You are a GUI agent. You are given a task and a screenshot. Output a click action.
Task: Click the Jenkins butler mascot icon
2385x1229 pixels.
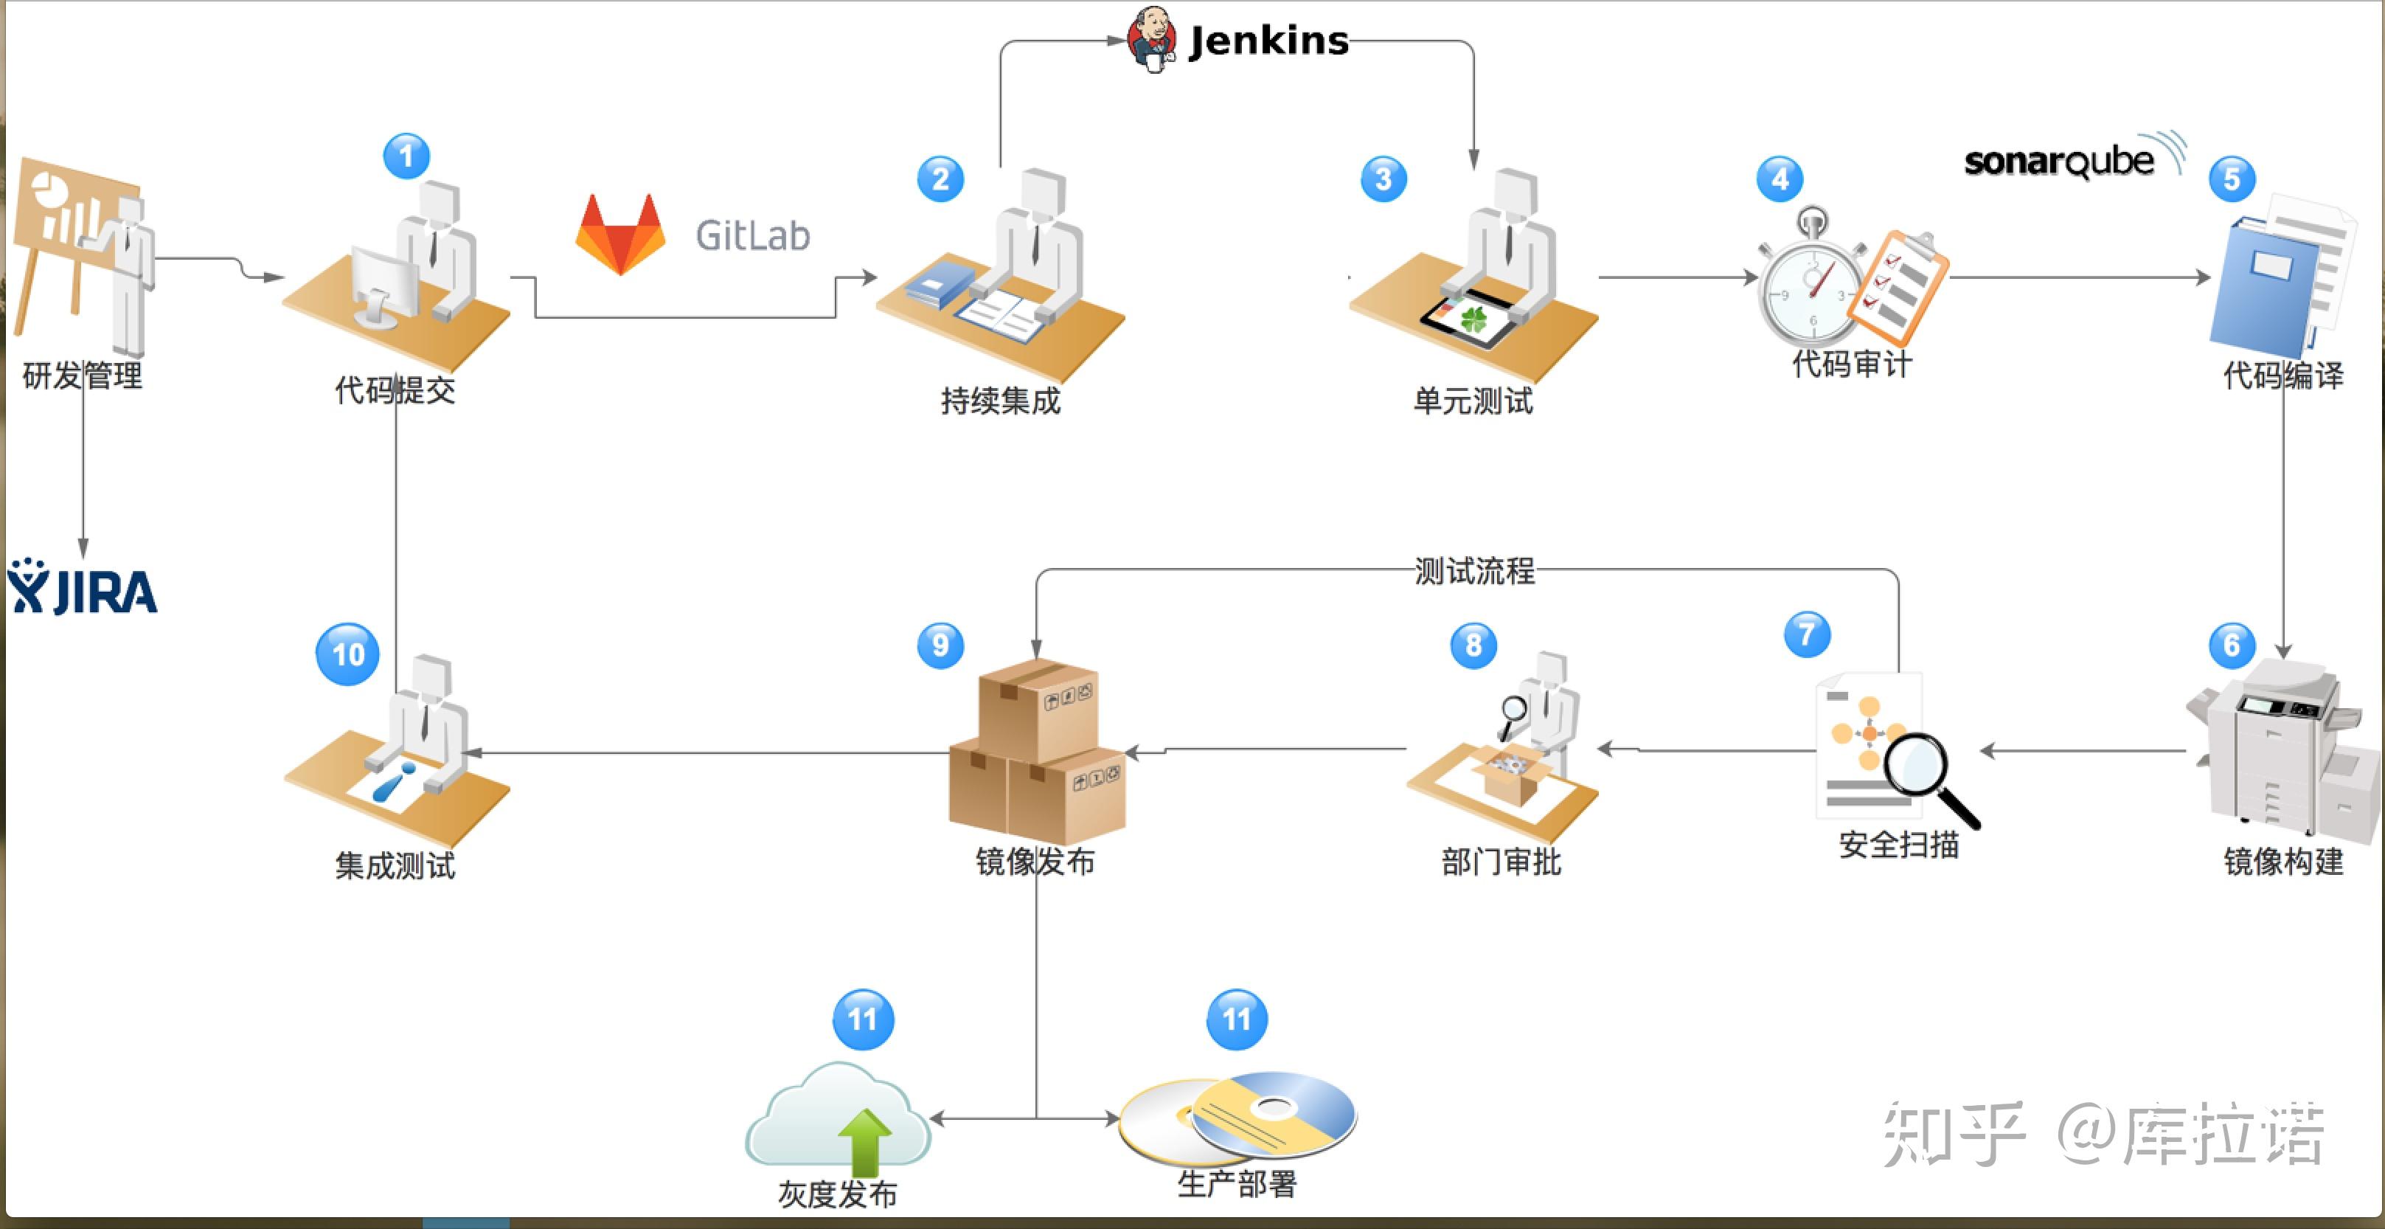coord(1152,39)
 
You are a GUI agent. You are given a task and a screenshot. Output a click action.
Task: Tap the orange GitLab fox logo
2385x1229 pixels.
coord(619,235)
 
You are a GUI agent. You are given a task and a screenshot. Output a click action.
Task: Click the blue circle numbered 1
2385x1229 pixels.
coord(406,156)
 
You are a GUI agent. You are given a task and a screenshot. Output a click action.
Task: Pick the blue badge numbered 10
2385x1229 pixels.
coord(347,654)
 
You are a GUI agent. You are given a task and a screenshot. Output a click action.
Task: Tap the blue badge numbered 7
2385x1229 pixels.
coord(1806,634)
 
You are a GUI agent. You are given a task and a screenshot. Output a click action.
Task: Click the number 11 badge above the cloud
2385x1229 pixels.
coord(863,1019)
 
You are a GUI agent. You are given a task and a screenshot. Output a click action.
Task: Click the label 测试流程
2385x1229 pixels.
coord(1474,570)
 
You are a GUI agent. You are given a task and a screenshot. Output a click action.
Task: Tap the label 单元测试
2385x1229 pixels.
coord(1472,401)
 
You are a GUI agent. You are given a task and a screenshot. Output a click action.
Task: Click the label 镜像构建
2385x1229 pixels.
coord(2283,862)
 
